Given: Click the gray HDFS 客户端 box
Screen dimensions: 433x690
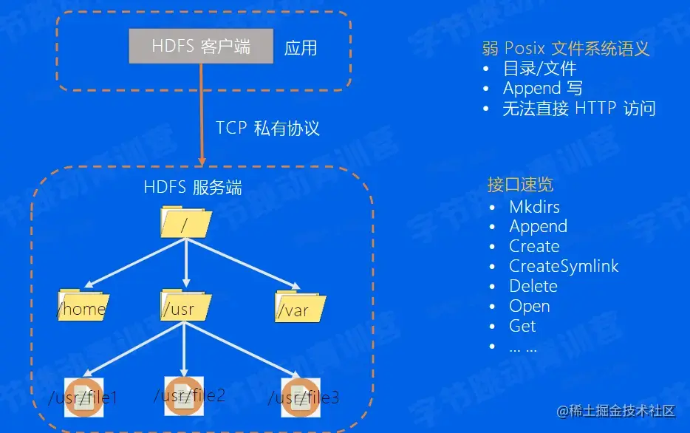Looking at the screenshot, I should tap(201, 47).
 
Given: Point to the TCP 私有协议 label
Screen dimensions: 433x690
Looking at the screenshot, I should tap(267, 128).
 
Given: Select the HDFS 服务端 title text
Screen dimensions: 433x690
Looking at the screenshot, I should tap(193, 188).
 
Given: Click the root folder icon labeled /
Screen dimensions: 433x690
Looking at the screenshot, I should tap(185, 222).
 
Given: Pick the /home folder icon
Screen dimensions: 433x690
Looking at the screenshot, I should tap(83, 306).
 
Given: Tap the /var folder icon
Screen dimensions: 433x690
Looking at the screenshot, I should tap(300, 306).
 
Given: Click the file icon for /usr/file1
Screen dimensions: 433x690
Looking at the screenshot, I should tap(81, 396).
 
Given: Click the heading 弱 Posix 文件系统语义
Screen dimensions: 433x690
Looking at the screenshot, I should tap(566, 49).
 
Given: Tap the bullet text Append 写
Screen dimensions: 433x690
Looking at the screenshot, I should tap(542, 89).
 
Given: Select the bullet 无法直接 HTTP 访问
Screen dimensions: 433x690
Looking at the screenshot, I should tap(578, 109).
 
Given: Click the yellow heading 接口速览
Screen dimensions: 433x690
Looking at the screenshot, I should tap(520, 185).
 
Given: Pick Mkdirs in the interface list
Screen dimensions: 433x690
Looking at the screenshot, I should tap(534, 207).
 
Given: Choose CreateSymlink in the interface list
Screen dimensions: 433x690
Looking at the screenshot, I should tap(564, 266).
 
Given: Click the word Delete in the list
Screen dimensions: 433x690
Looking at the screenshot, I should tap(533, 286).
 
